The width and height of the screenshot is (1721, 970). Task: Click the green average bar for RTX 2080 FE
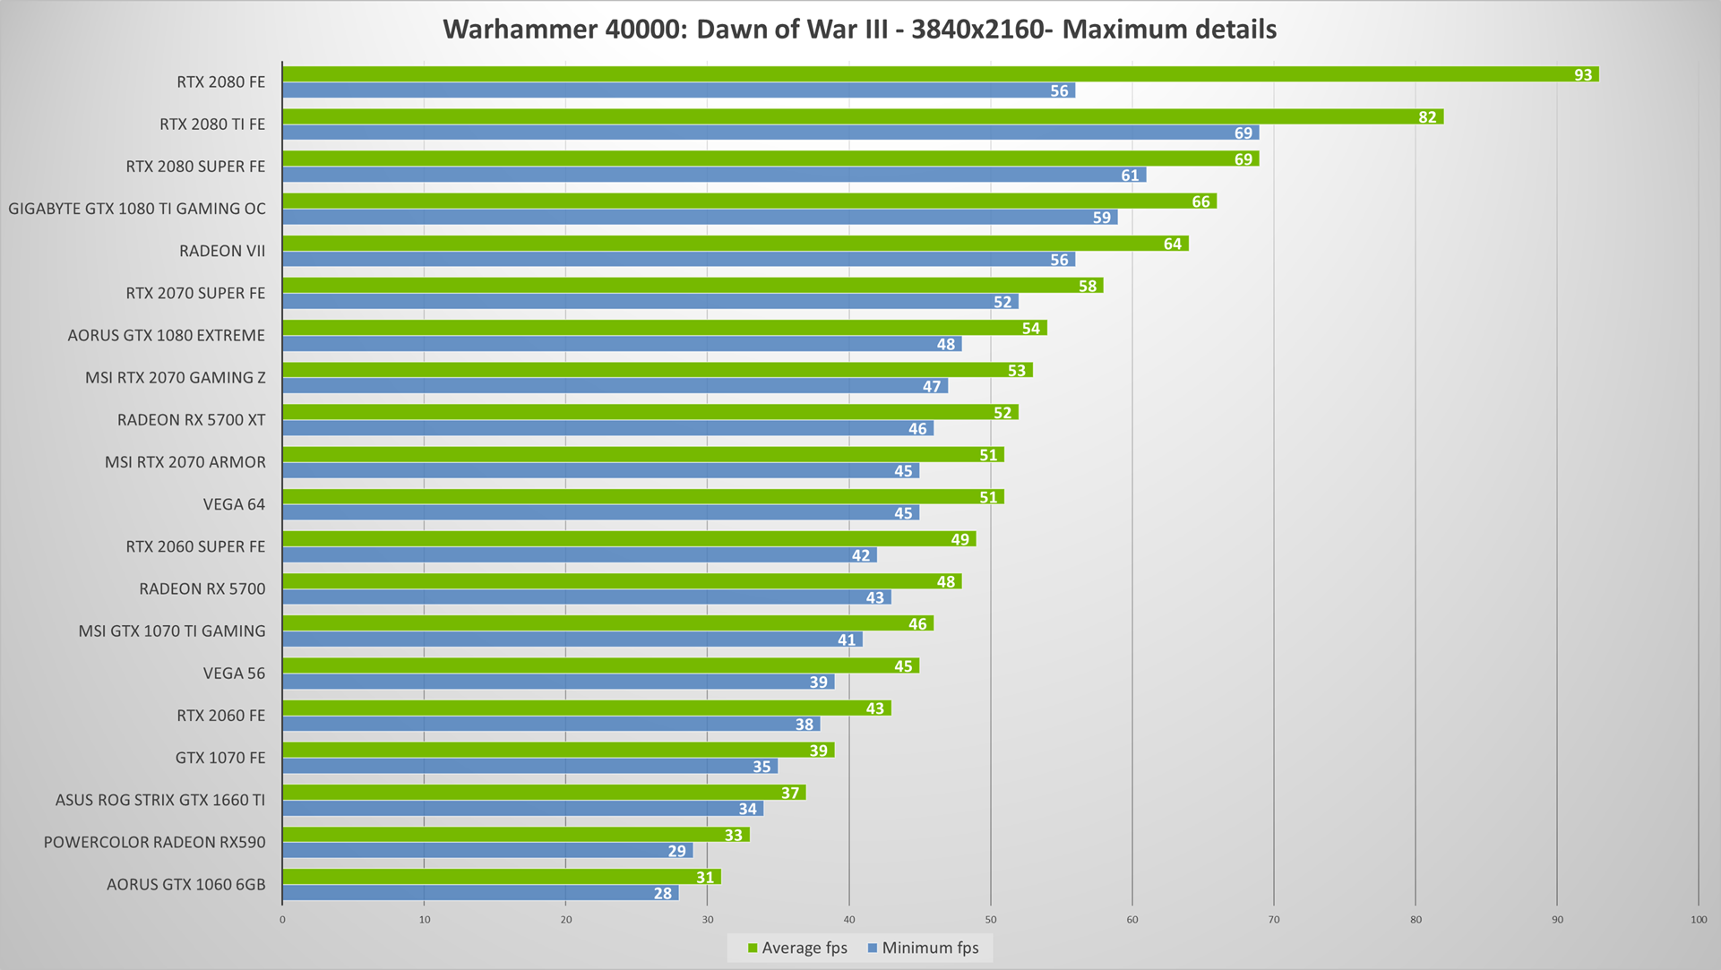point(941,74)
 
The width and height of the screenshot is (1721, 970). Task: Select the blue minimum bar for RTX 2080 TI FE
point(771,133)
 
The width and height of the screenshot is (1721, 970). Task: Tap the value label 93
point(1583,75)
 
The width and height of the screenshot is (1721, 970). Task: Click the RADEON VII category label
point(222,251)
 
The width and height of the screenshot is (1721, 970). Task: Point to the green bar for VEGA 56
point(601,665)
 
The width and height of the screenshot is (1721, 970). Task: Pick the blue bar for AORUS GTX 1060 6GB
point(481,893)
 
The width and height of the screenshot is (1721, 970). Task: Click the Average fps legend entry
point(797,948)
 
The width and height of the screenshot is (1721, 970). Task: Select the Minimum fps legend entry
point(924,948)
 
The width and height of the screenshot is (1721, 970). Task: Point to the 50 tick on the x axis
point(991,920)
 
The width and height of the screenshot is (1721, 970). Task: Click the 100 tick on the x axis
point(1699,920)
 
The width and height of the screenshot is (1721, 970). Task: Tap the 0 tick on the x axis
point(282,920)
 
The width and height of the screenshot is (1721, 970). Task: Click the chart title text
point(860,30)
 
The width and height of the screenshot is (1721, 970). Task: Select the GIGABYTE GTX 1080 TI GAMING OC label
point(137,209)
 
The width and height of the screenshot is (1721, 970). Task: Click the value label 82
point(1427,117)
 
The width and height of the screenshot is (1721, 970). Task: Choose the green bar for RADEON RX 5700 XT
point(650,412)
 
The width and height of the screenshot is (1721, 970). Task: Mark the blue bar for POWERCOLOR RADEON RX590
point(488,851)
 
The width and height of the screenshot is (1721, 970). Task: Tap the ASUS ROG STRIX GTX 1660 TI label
point(160,800)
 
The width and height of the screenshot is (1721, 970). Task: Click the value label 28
point(663,894)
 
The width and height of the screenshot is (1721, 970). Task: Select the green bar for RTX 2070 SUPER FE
point(693,286)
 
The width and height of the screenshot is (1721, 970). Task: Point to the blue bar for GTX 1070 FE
point(530,766)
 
